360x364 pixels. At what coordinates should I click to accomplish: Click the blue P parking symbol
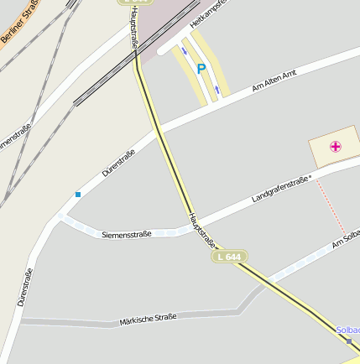click(201, 69)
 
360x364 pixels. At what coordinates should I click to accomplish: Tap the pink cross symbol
click(336, 147)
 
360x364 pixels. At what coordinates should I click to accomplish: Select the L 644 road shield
click(228, 257)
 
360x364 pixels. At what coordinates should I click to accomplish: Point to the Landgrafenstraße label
click(281, 189)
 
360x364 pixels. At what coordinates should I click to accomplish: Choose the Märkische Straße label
click(148, 319)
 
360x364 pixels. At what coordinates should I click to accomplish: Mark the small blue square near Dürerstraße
click(78, 195)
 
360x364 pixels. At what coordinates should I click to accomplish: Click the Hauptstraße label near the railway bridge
click(134, 28)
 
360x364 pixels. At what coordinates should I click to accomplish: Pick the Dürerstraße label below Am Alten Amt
click(118, 162)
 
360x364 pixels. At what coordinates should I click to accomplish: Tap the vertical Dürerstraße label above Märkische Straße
click(24, 287)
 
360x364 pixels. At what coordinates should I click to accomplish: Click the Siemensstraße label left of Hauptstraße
click(126, 234)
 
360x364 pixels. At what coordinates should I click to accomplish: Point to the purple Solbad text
click(347, 330)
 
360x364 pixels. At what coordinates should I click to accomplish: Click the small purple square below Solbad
click(349, 341)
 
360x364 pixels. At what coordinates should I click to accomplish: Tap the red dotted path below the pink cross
click(331, 205)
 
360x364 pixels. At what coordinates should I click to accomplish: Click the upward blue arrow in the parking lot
click(217, 88)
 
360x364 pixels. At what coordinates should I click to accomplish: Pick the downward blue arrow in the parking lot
click(185, 49)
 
